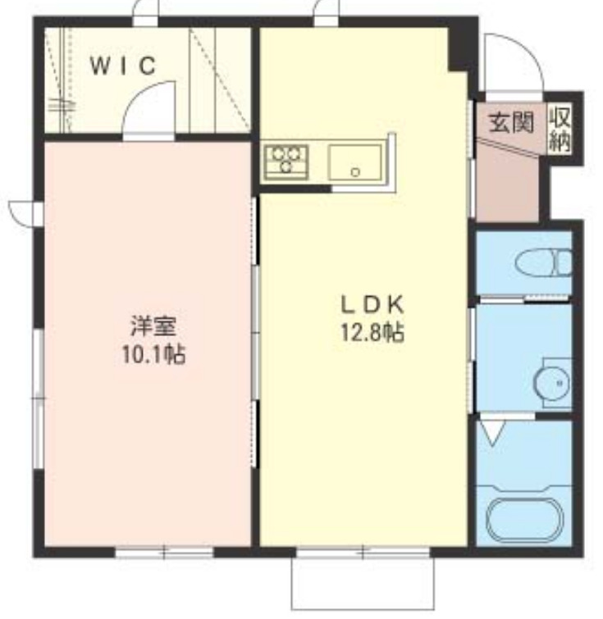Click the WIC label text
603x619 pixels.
coord(122,66)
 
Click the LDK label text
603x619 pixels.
coord(372,304)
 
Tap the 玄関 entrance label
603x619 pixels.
coord(510,123)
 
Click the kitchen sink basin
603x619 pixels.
coord(355,162)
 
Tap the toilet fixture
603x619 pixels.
coord(544,262)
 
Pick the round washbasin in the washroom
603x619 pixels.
coord(552,382)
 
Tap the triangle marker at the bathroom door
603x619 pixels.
coord(492,432)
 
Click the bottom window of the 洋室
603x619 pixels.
coord(163,553)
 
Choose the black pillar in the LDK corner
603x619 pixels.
coord(459,49)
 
